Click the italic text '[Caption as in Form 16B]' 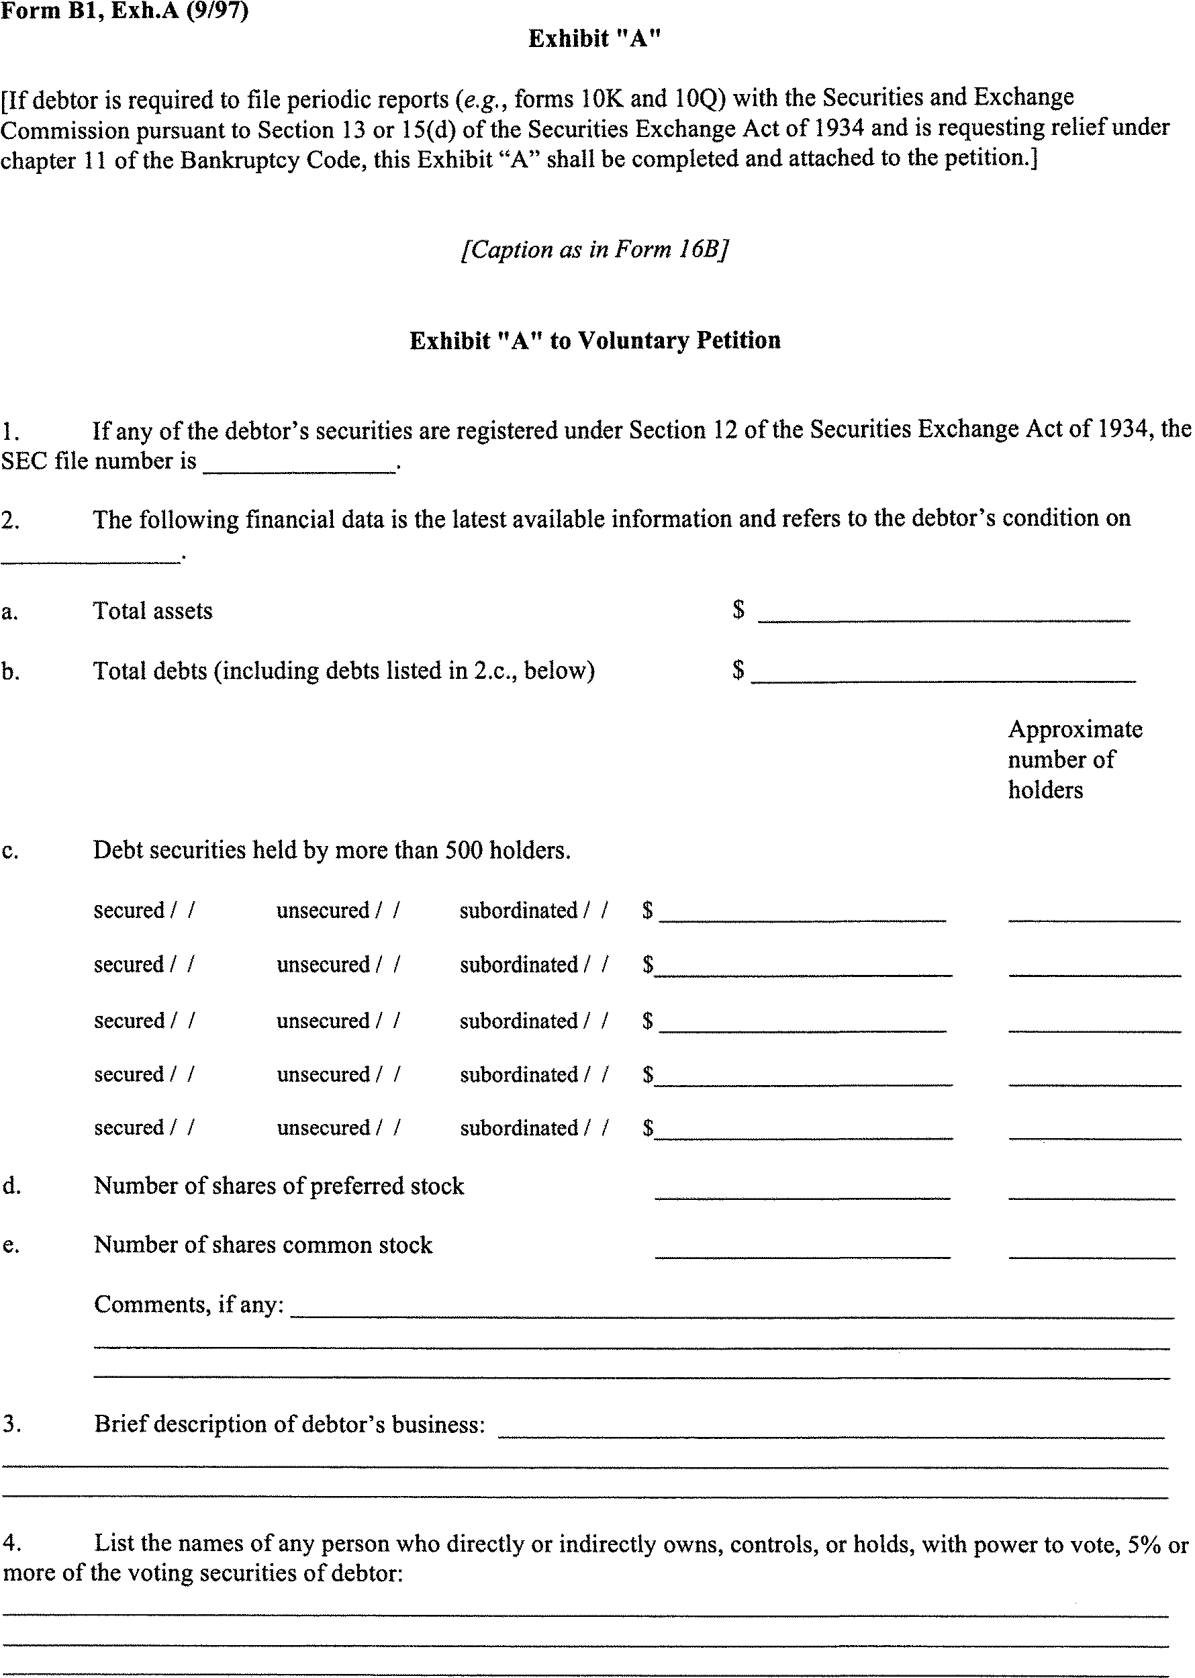click(x=595, y=250)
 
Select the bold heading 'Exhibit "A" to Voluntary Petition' click(x=595, y=340)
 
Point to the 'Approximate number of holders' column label click(x=1074, y=759)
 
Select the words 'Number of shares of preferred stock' click(x=279, y=1186)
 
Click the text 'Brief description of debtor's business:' click(x=290, y=1425)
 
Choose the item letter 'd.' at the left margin click(x=11, y=1186)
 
